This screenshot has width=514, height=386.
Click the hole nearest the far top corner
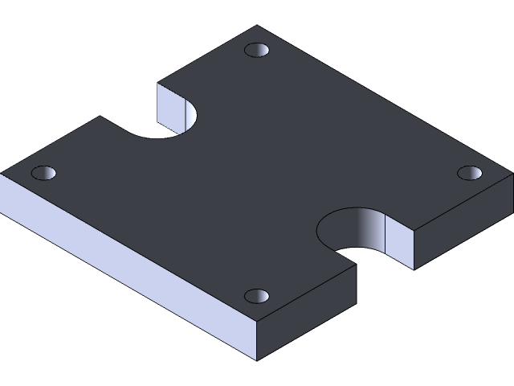pyautogui.click(x=258, y=51)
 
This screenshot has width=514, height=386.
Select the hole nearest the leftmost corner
pyautogui.click(x=44, y=173)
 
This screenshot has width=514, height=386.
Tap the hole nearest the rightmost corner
pyautogui.click(x=470, y=173)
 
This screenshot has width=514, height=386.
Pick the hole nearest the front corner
pyautogui.click(x=258, y=296)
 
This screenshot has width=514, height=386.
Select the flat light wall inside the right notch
pyautogui.click(x=400, y=244)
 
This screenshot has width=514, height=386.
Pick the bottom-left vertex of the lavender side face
pyautogui.click(x=2, y=211)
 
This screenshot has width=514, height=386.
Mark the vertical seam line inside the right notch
pyautogui.click(x=386, y=235)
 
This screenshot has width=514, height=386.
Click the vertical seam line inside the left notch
pyautogui.click(x=186, y=114)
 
